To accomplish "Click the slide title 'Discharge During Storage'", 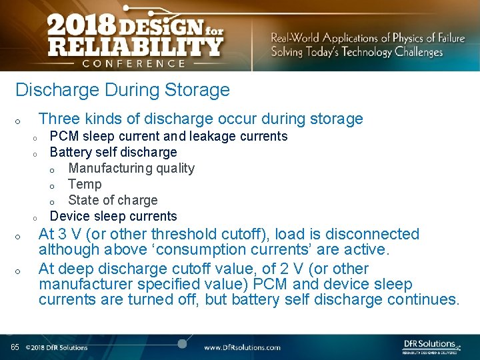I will click(122, 90).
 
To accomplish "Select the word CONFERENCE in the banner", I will click(134, 63).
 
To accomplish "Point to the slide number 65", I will click(15, 347).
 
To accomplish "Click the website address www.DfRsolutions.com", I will click(242, 347).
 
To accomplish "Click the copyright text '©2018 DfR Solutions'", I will click(57, 347).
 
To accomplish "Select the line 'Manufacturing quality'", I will click(131, 168).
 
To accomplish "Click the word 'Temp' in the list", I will click(85, 184).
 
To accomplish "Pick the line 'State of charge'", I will click(113, 200).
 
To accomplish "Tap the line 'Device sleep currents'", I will click(113, 216).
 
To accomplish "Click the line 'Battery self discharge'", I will click(113, 152).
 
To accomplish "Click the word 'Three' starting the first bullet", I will click(59, 119).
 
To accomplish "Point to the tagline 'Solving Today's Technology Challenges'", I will click(357, 52).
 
